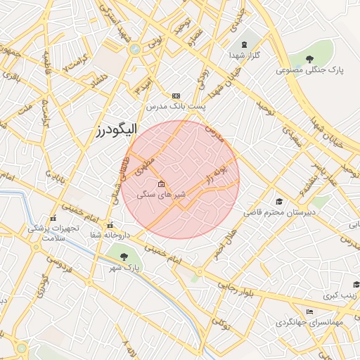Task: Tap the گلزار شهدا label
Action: click(x=245, y=55)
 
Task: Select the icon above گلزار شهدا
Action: click(x=245, y=44)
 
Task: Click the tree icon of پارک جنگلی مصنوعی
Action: click(x=310, y=58)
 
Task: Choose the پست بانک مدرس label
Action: click(x=176, y=107)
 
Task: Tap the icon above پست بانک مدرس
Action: click(x=176, y=96)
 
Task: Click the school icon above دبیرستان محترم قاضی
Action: click(x=280, y=201)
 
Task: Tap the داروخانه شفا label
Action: click(x=110, y=236)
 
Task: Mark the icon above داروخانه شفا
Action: click(x=110, y=226)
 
